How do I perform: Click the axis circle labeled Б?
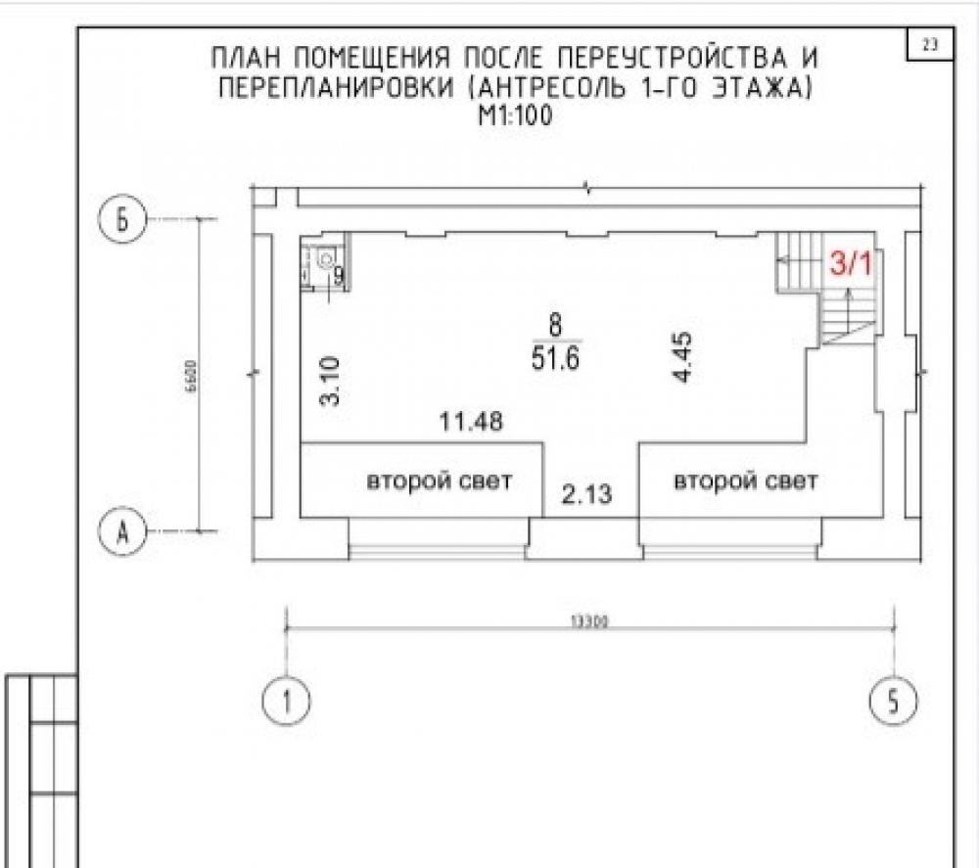122,219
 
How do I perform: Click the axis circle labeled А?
122,531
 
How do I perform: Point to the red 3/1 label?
850,264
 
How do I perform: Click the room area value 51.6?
556,359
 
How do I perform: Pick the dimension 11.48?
471,421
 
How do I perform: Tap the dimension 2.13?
586,495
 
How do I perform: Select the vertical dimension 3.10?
330,381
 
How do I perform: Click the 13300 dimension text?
589,620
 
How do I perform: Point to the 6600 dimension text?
191,376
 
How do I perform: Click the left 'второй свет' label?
439,481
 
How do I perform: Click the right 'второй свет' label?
745,481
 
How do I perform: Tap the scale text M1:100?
515,116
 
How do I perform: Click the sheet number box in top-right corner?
930,44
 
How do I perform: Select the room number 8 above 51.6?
555,325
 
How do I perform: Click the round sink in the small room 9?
326,257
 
